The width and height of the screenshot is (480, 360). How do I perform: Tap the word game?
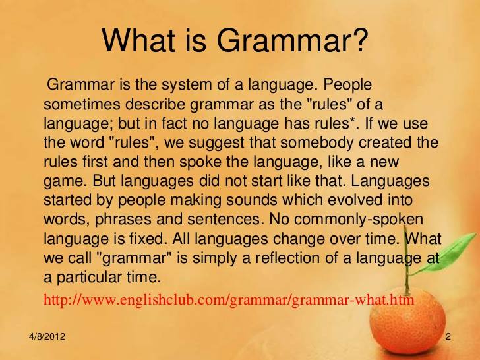click(x=64, y=181)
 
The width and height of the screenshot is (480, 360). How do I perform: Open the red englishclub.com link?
click(x=229, y=299)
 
